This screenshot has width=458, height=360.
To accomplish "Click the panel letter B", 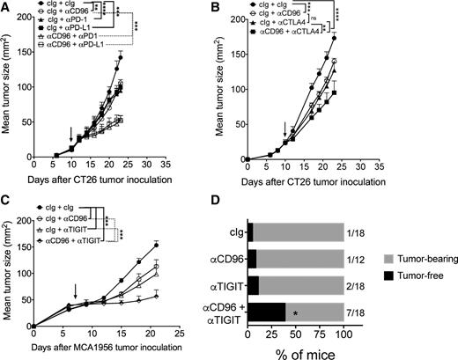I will tap(240, 8).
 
